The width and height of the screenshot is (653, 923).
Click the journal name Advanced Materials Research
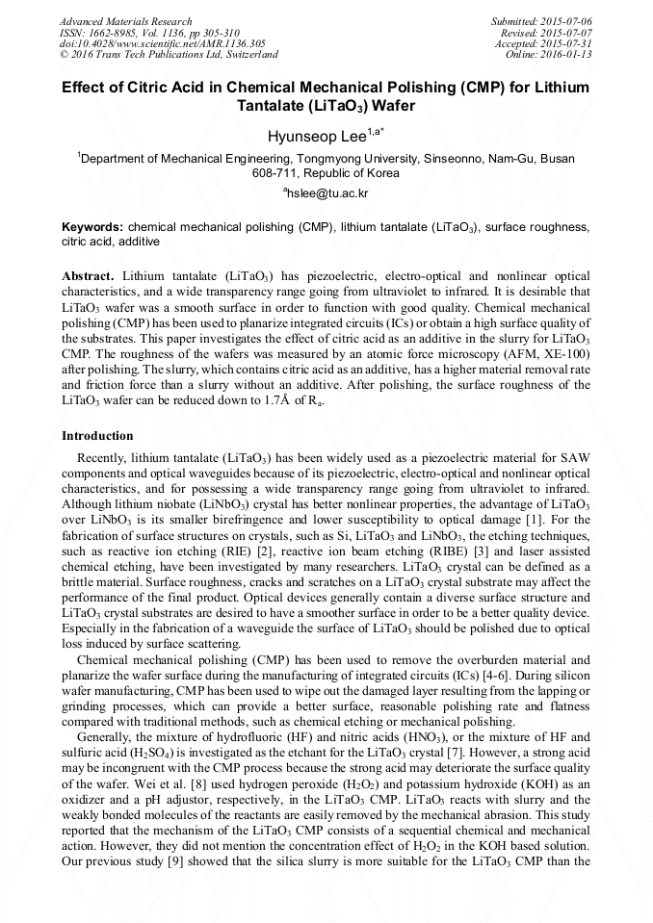[125, 21]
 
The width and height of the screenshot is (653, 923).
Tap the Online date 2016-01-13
[570, 54]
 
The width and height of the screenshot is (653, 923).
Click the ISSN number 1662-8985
[114, 32]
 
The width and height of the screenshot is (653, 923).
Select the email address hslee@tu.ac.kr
[327, 193]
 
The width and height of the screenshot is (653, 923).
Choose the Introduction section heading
[97, 436]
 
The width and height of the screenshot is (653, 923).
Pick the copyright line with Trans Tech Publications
[170, 55]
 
